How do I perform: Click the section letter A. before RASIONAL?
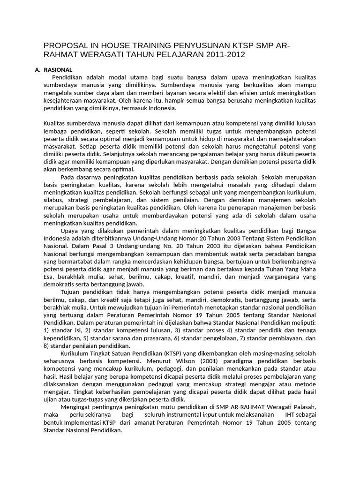(x=38, y=70)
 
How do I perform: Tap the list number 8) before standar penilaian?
(x=46, y=345)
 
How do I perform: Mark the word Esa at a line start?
(x=48, y=277)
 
